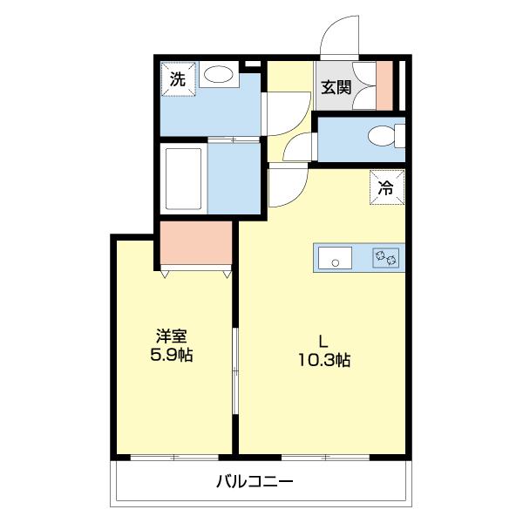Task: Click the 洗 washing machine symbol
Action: tap(178, 78)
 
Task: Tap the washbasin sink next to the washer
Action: tap(219, 78)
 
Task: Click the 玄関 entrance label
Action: tap(335, 87)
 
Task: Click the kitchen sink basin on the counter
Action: tap(334, 258)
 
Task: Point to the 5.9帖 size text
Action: tap(171, 357)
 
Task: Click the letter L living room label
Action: tap(321, 340)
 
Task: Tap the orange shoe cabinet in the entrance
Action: tap(384, 85)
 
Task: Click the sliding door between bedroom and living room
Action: tap(235, 375)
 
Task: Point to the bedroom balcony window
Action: tap(173, 457)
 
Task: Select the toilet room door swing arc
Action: tap(298, 148)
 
